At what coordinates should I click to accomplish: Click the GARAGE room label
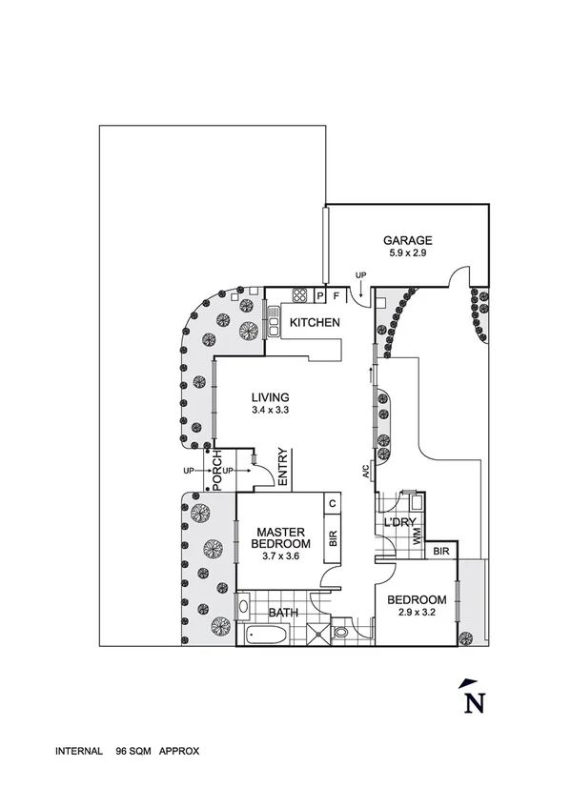pos(408,240)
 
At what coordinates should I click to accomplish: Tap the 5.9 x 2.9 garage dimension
pos(408,254)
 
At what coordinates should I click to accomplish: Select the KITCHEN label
pos(315,323)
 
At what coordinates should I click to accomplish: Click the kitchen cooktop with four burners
pos(299,294)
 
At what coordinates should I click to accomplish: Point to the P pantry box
pos(321,294)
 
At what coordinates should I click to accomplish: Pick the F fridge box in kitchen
pos(336,294)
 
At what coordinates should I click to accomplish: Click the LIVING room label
pos(270,397)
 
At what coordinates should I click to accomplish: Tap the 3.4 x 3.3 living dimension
pos(270,411)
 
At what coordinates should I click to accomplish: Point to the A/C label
pos(365,471)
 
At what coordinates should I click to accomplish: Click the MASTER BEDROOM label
pos(278,537)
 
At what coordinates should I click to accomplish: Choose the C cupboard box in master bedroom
pos(333,504)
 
